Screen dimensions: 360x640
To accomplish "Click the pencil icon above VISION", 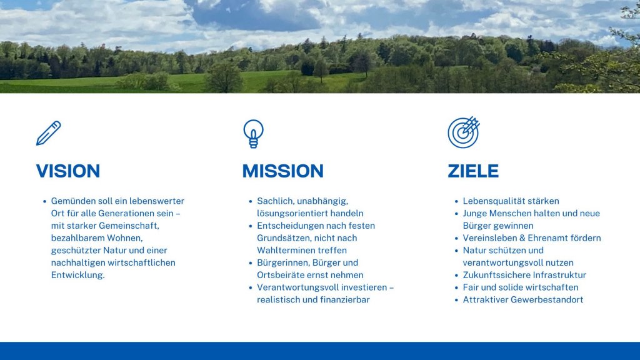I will (48, 133).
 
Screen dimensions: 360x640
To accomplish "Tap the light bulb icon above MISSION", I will (253, 134).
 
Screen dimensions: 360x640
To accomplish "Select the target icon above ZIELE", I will (463, 132).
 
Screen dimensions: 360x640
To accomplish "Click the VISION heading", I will (68, 171).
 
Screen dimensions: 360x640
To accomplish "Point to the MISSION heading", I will (282, 171).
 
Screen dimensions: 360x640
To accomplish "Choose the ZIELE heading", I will (473, 171).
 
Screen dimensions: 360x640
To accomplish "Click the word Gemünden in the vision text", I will (73, 201).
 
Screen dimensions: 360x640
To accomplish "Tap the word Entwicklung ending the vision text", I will (77, 275).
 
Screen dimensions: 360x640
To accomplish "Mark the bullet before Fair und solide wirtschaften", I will (456, 287).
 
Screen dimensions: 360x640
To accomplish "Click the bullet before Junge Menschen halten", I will (456, 214).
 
